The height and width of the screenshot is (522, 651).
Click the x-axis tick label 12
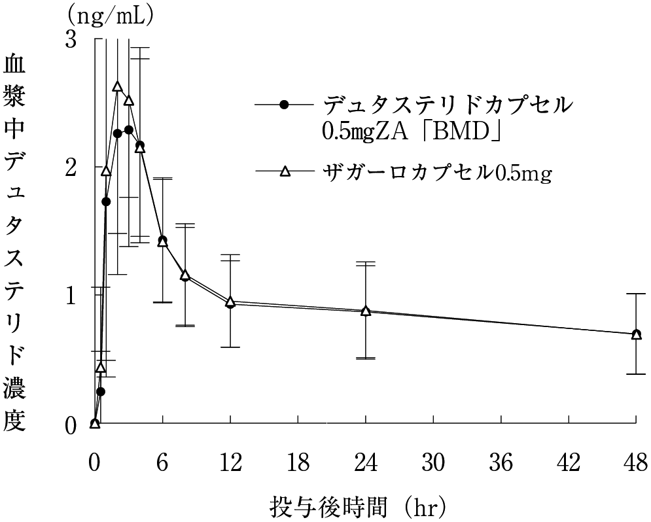(x=230, y=463)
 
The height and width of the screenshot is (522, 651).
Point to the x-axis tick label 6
(x=162, y=463)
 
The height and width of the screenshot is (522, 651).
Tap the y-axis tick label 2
(x=71, y=167)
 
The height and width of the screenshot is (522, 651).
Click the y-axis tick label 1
(x=71, y=294)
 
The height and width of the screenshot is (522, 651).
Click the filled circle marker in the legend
(x=283, y=104)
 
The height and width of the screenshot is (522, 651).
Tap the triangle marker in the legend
(x=284, y=172)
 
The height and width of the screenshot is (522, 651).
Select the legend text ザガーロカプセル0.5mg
(x=437, y=173)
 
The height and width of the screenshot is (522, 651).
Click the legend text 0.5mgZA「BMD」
(x=412, y=133)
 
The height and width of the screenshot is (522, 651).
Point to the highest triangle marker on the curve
(x=118, y=86)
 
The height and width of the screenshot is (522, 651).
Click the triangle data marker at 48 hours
(x=636, y=334)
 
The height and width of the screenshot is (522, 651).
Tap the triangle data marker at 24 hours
(x=366, y=311)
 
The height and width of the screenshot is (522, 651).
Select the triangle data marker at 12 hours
(x=230, y=302)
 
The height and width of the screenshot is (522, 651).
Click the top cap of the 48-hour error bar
(x=636, y=294)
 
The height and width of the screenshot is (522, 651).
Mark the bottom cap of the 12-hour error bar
(x=230, y=347)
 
